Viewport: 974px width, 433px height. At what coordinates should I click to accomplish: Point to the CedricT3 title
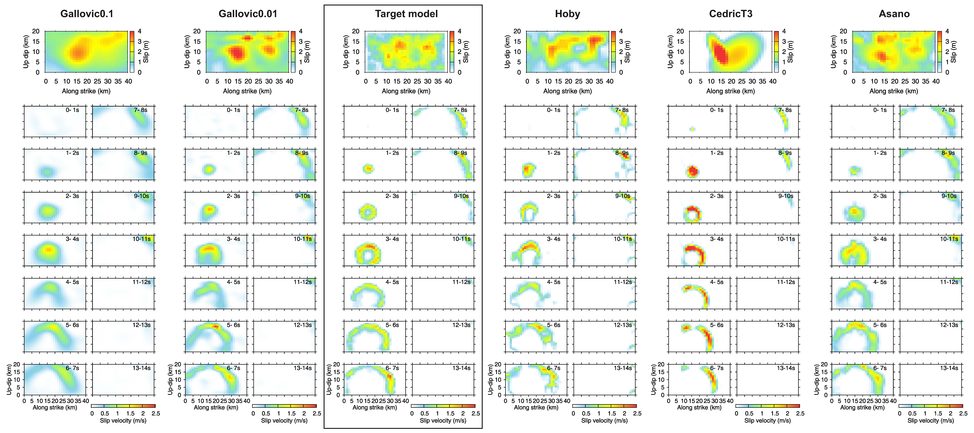coord(730,14)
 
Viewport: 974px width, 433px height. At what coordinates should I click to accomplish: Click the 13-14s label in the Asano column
coord(949,368)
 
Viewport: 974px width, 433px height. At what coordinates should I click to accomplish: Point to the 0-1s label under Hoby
coord(554,110)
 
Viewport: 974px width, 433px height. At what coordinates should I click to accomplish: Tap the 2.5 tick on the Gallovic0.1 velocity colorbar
coord(156,413)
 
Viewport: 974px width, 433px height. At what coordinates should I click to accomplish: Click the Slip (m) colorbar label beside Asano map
coord(954,52)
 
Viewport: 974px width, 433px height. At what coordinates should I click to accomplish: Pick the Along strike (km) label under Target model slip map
coord(406,91)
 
